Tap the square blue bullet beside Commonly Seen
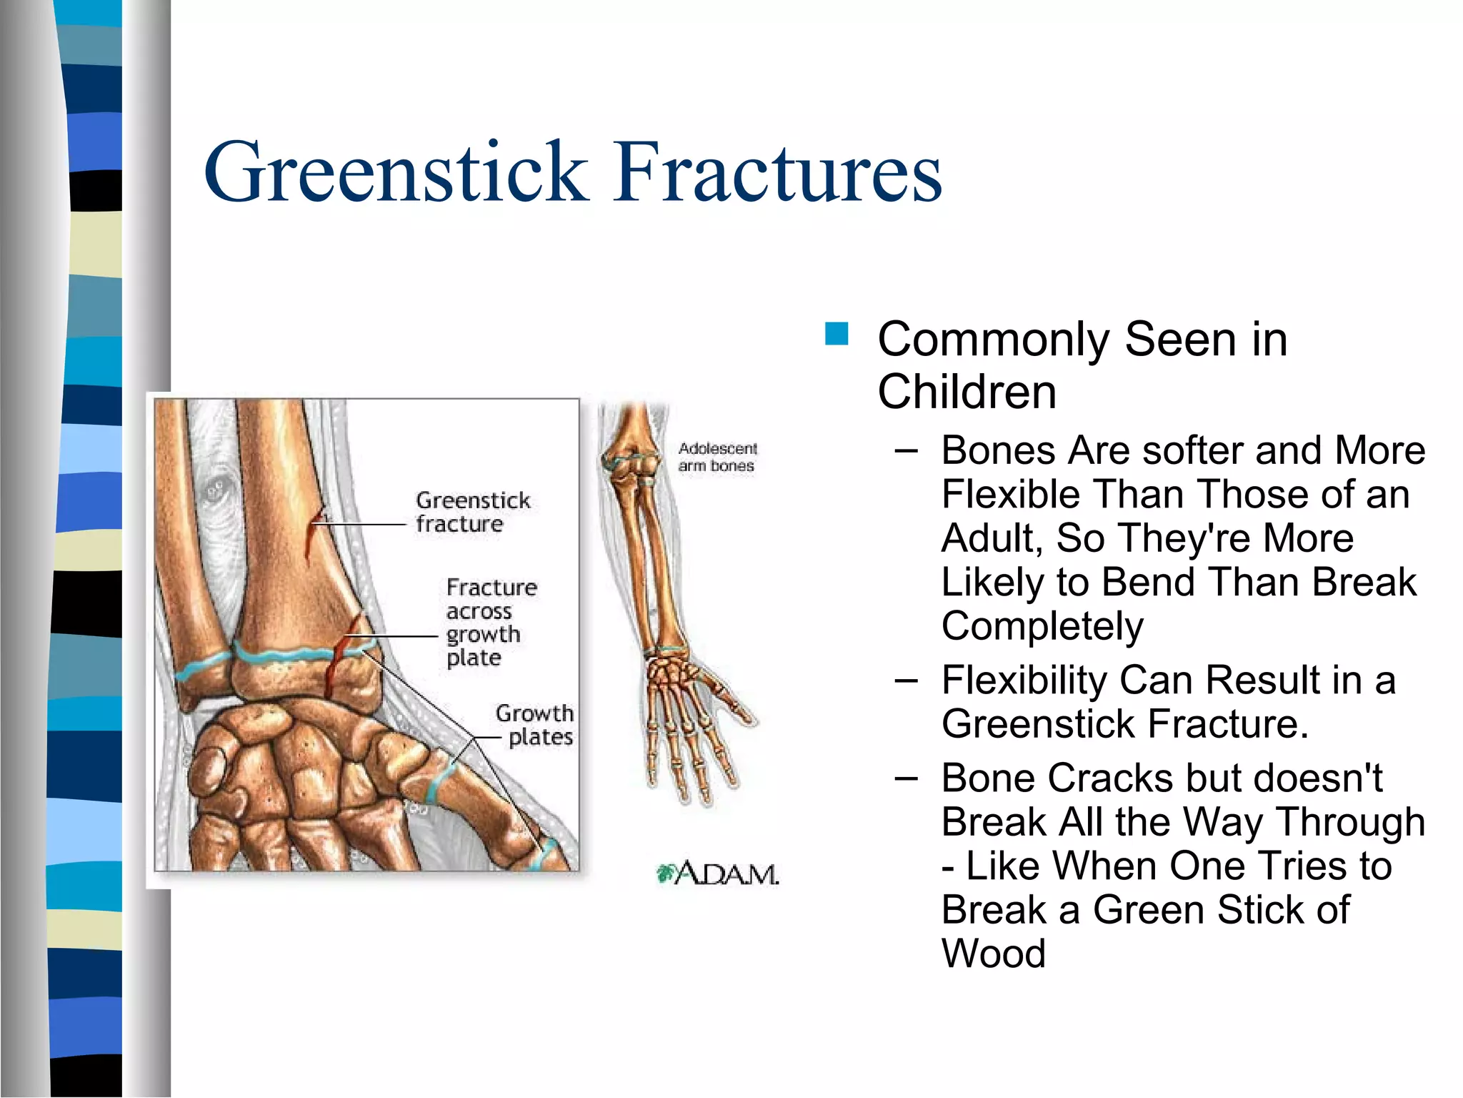click(836, 334)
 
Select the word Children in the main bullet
click(967, 392)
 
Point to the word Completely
click(1042, 626)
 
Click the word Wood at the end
click(994, 954)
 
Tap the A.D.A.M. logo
click(717, 873)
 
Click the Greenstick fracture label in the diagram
click(473, 512)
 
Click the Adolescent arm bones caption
click(717, 457)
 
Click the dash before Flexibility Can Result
click(906, 680)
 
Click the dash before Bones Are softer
click(906, 450)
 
